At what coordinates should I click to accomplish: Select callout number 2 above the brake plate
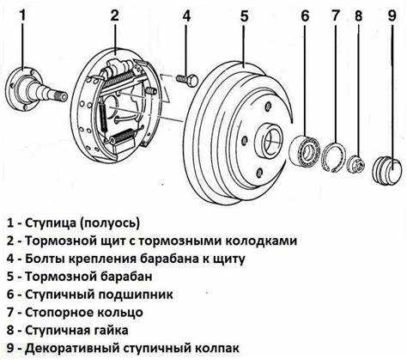tap(114, 15)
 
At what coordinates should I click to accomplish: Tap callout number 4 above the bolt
tap(185, 15)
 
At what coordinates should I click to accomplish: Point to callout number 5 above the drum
tap(245, 15)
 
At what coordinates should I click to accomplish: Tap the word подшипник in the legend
tap(147, 294)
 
